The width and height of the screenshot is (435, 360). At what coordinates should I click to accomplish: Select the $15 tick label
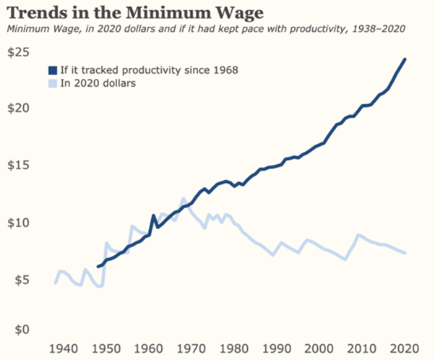pos(20,165)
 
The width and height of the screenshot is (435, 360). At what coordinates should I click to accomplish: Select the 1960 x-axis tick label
pos(142,348)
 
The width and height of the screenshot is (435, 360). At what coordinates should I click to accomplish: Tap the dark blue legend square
pos(53,70)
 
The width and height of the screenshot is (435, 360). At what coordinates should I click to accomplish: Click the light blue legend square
pos(53,83)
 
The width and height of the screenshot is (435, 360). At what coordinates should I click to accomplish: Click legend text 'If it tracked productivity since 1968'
pos(150,70)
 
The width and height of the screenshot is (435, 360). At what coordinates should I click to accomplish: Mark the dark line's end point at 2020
pos(405,59)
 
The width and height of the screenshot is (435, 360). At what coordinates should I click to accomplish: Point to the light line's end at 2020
pos(405,252)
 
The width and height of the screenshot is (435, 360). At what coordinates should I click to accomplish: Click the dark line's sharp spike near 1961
pos(152,215)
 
